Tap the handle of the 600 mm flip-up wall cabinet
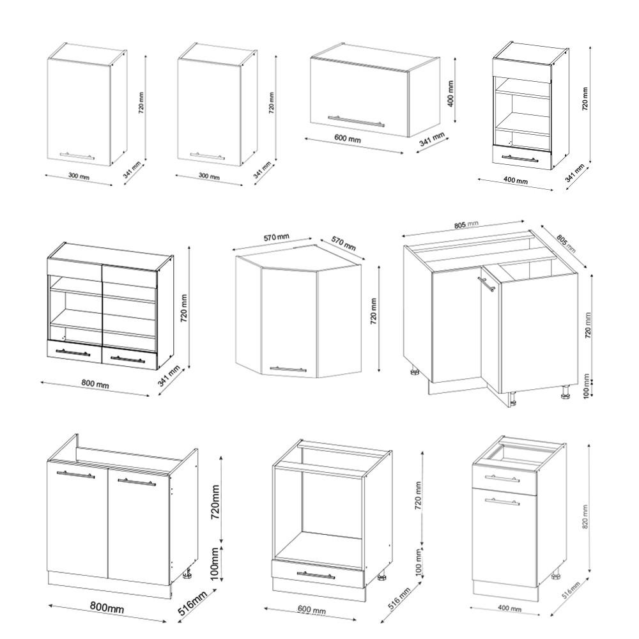(x=356, y=121)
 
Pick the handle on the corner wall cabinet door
(x=288, y=369)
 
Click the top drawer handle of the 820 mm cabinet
(x=502, y=478)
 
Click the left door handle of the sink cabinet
(x=75, y=475)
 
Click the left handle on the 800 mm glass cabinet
(x=73, y=351)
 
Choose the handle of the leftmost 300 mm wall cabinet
(x=77, y=155)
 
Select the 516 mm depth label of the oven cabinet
(x=396, y=601)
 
